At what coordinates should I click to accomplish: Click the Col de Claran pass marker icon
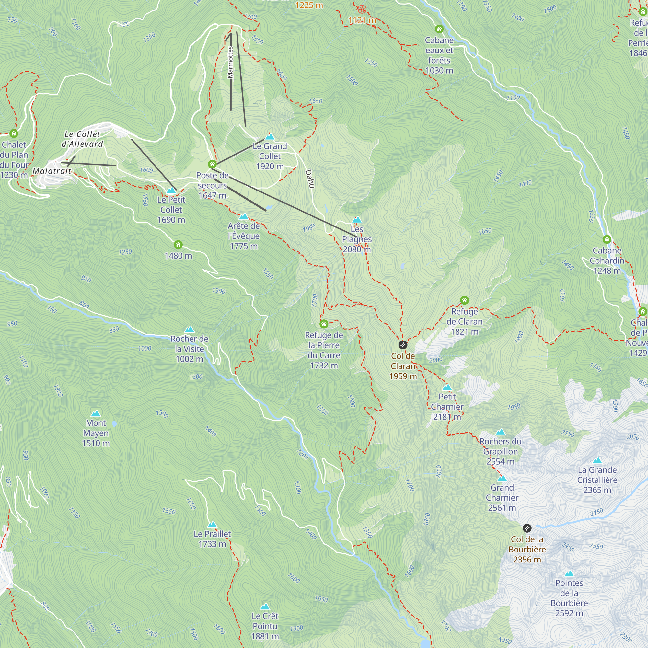coord(403,345)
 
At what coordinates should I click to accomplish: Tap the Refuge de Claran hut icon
coord(464,300)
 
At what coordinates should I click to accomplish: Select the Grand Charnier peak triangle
coord(502,478)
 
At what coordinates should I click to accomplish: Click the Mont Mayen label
coord(96,433)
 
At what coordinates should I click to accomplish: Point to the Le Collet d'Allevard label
coord(82,139)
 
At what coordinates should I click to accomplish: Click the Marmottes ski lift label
coord(230,63)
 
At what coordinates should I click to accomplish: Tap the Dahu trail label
coord(309,179)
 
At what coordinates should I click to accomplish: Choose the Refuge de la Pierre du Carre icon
coord(324,324)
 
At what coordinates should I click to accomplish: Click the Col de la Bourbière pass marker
coord(527,528)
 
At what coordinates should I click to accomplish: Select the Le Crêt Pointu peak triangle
coord(265,607)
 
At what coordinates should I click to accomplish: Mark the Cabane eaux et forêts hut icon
coord(439,29)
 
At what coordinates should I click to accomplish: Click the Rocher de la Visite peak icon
coord(190,330)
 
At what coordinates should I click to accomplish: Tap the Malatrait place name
coord(52,171)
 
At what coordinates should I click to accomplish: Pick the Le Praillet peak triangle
coord(212,525)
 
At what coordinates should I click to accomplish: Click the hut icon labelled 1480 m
coord(178,245)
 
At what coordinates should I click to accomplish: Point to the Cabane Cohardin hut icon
coord(607,239)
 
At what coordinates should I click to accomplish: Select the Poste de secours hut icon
coord(212,164)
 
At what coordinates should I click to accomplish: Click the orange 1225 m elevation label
coord(309,5)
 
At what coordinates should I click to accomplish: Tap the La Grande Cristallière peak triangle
coord(597,460)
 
